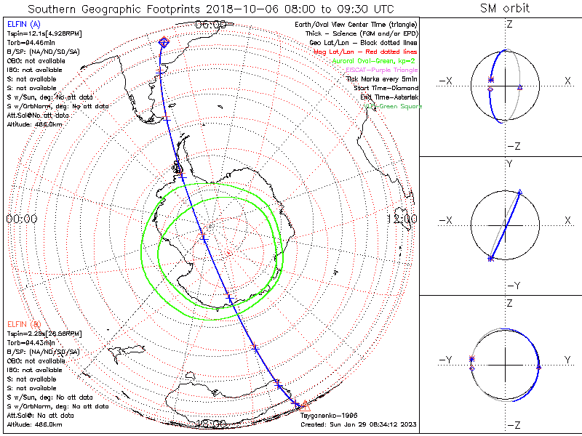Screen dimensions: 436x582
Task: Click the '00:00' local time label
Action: (21, 219)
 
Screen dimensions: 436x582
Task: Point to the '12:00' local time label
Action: (402, 219)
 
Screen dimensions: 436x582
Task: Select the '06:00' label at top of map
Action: (210, 25)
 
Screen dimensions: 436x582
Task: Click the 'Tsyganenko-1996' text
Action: (325, 416)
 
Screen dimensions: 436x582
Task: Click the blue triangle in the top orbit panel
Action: (519, 88)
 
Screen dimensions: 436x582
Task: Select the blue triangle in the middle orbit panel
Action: (520, 193)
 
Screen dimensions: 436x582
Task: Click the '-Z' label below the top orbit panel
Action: (513, 146)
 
